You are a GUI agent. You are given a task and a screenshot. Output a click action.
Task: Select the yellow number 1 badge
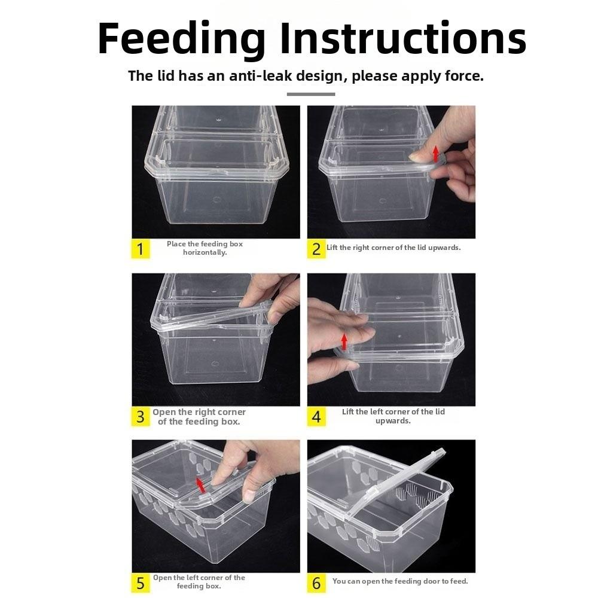[x=141, y=249]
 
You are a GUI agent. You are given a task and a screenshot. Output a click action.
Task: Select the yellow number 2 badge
[x=316, y=249]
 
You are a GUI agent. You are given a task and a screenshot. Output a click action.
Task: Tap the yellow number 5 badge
[x=141, y=582]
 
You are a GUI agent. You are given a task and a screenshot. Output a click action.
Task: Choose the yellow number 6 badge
[x=316, y=582]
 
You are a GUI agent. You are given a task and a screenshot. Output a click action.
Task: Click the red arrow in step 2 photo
[x=436, y=151]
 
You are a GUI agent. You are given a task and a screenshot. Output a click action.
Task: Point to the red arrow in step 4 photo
[x=344, y=341]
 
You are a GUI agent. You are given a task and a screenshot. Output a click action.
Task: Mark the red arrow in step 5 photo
[x=201, y=484]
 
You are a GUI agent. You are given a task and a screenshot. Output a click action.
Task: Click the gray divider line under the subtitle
[x=310, y=94]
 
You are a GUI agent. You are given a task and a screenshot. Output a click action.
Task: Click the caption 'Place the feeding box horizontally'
[x=205, y=248]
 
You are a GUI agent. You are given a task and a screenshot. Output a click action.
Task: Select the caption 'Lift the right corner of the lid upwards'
[x=393, y=248]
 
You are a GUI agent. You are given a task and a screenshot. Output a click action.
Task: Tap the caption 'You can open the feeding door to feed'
[x=400, y=581]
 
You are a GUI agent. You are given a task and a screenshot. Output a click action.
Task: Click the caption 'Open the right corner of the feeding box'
[x=199, y=417]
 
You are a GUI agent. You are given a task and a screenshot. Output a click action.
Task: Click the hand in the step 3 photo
[x=272, y=296]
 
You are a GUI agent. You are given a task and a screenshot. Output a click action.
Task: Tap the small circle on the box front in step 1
[x=216, y=200]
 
